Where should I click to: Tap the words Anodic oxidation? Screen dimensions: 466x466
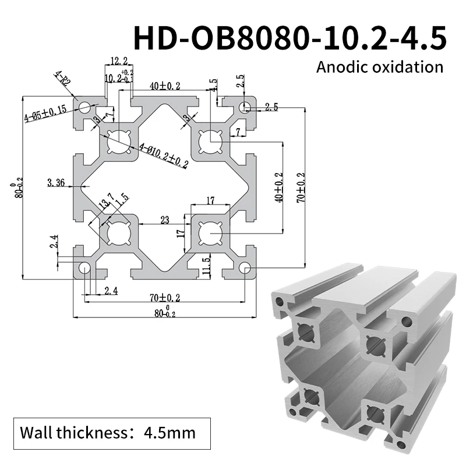tap(379, 66)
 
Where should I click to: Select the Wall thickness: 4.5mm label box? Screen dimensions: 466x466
tap(107, 433)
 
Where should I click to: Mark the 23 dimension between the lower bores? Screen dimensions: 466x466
tap(165, 221)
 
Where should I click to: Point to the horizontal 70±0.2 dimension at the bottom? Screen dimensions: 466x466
tap(164, 297)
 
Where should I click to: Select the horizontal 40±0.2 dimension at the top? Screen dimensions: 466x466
tap(164, 86)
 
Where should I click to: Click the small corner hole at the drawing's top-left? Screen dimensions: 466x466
tap(84, 107)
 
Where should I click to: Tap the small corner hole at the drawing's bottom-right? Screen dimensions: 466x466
tap(245, 268)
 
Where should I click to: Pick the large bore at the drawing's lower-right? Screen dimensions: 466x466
tap(209, 234)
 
